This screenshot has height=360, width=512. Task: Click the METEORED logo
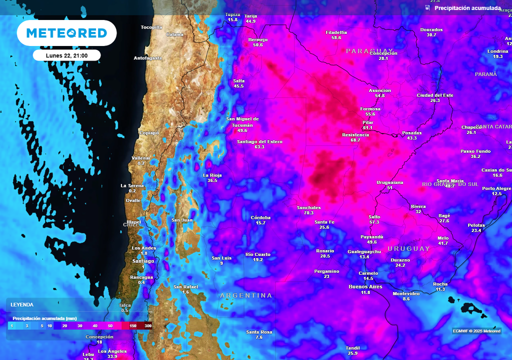(x=66, y=33)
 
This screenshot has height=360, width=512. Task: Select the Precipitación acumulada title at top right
(x=467, y=8)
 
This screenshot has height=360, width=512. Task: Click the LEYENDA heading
(x=22, y=304)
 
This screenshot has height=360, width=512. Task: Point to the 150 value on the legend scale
(x=133, y=326)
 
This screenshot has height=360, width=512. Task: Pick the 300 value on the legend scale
(x=148, y=326)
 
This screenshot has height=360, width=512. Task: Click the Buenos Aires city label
(x=365, y=286)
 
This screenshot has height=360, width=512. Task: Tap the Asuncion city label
(x=379, y=90)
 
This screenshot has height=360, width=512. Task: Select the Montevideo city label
(x=406, y=293)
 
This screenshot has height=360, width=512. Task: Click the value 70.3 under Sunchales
(x=308, y=213)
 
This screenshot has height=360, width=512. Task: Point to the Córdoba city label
(x=260, y=217)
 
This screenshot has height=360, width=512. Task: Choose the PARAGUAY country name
(x=370, y=51)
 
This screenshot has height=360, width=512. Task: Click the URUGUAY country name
(x=408, y=248)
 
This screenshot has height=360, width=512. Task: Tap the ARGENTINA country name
(x=246, y=295)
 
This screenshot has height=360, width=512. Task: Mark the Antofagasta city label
(x=148, y=58)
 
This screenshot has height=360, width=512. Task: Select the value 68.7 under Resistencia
(x=355, y=140)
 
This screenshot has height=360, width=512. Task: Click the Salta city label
(x=239, y=80)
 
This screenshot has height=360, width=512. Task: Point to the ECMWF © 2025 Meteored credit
(x=476, y=331)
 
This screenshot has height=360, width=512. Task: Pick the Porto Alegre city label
(x=496, y=188)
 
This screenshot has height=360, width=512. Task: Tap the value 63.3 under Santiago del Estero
(x=259, y=147)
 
